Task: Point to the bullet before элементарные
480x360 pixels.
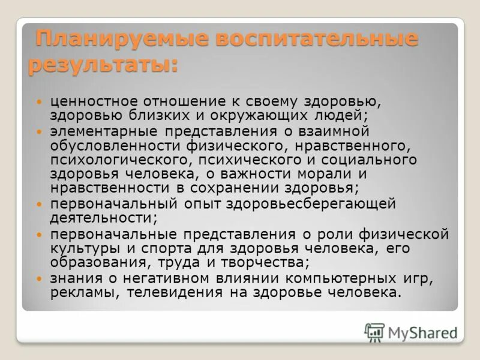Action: click(40, 131)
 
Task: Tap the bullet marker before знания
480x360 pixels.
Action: click(40, 279)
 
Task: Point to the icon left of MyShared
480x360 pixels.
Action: click(374, 332)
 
